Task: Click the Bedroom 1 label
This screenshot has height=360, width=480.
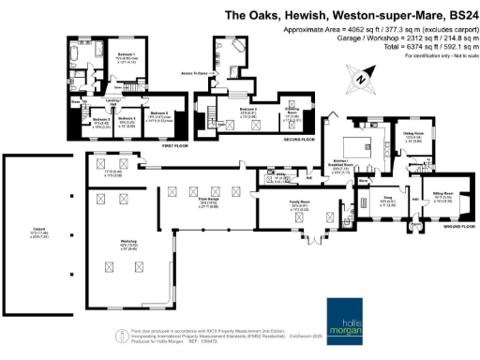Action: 127,55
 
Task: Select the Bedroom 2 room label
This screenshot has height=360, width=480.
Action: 161,112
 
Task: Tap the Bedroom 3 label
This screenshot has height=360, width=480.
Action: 101,120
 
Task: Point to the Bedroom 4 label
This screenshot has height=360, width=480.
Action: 127,120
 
